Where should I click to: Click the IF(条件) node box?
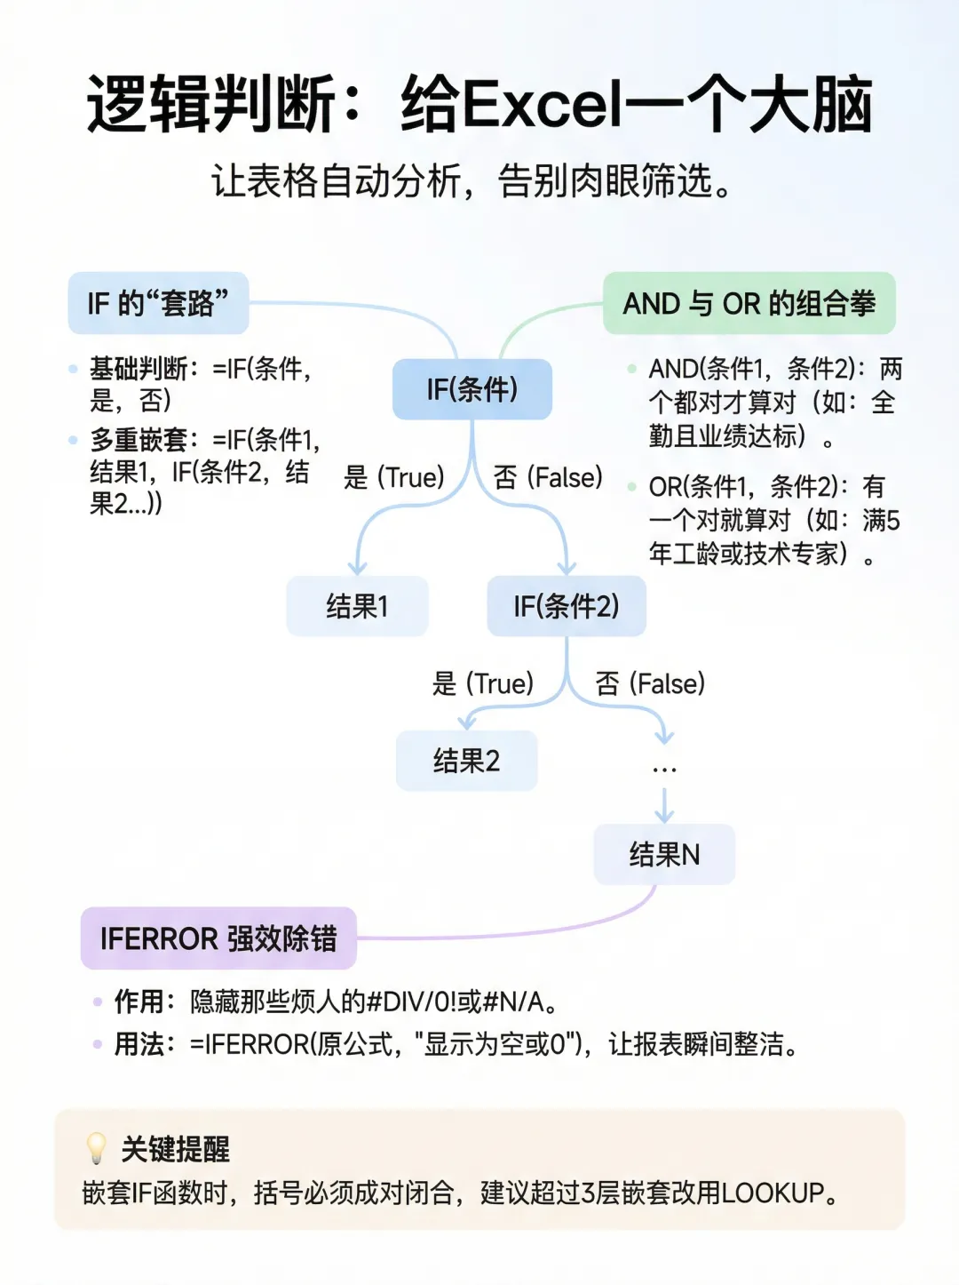(x=472, y=389)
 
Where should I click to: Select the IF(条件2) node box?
(x=567, y=606)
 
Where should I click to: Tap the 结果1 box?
(x=357, y=606)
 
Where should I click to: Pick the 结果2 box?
(x=466, y=761)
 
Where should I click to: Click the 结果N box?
(x=664, y=854)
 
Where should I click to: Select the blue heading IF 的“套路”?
(x=158, y=303)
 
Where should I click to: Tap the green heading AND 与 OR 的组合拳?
(x=749, y=303)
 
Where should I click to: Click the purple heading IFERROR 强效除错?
(x=218, y=938)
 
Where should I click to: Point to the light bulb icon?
(x=96, y=1148)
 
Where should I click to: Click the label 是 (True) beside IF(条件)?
(x=394, y=477)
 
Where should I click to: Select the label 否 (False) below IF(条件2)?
(x=651, y=683)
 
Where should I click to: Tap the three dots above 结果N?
(x=664, y=770)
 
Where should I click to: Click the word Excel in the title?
(x=543, y=104)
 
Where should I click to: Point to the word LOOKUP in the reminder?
(x=773, y=1193)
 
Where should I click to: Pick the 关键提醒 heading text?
(x=175, y=1149)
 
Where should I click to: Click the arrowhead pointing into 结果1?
(x=357, y=568)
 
